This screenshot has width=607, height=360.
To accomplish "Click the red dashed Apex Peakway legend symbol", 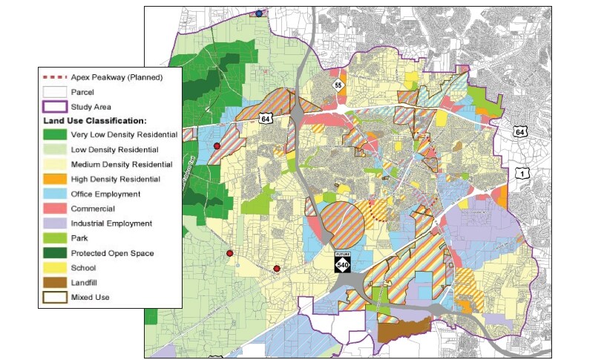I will (x=54, y=76).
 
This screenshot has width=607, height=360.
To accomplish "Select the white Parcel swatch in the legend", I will (x=54, y=91).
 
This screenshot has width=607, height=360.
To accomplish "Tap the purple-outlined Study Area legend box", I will (x=54, y=106).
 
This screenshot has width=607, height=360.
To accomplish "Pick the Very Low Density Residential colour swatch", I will (x=54, y=135).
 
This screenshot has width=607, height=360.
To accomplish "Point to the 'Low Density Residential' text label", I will (x=115, y=150).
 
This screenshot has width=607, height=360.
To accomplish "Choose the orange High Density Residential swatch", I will (x=54, y=179).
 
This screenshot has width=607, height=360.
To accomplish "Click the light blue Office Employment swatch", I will (x=54, y=194).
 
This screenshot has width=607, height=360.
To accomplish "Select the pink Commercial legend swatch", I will (x=54, y=209).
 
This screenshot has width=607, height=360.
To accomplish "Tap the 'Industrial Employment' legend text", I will (x=111, y=223).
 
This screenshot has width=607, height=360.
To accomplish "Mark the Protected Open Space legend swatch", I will (x=54, y=253).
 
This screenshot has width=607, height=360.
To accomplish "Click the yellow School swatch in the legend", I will (x=54, y=268).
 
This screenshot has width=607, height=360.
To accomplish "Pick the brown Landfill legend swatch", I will (x=54, y=283).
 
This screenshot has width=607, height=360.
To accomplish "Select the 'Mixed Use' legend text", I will (x=91, y=298).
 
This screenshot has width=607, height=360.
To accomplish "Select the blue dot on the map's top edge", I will (x=259, y=13).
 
